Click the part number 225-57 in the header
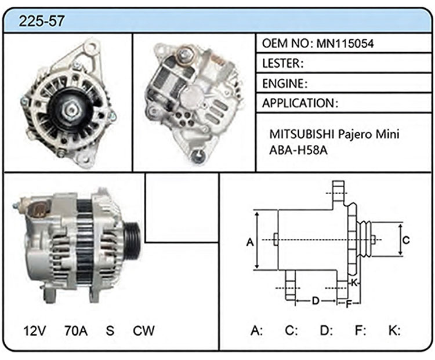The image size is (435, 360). pos(42,21)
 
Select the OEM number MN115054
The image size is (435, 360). pos(345,43)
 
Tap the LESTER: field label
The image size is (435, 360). pos(282,64)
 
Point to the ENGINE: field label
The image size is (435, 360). pos(285,83)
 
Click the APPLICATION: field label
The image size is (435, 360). pos(300,103)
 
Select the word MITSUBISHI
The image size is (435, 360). pos(301,134)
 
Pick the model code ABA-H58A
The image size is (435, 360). pos(298,150)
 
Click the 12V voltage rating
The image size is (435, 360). pos(35,330)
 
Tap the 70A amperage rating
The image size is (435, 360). pos(76,330)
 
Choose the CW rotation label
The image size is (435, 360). pos(143,330)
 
